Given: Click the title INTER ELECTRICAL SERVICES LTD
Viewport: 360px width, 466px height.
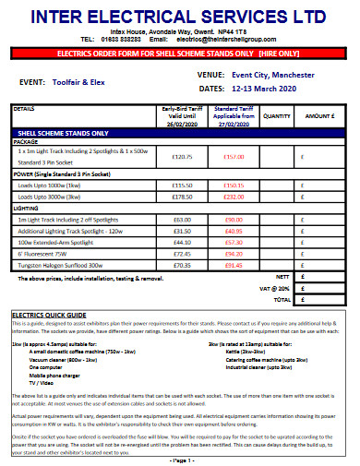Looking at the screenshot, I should (x=179, y=17).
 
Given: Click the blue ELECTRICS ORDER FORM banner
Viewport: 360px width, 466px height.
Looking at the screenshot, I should (x=179, y=54).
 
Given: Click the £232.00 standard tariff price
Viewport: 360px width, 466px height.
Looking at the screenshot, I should (x=233, y=197).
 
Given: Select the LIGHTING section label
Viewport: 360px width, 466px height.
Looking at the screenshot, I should (x=26, y=209).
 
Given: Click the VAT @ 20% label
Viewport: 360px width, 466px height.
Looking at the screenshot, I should (x=274, y=289).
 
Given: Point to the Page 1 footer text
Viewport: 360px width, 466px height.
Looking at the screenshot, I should (x=179, y=459).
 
